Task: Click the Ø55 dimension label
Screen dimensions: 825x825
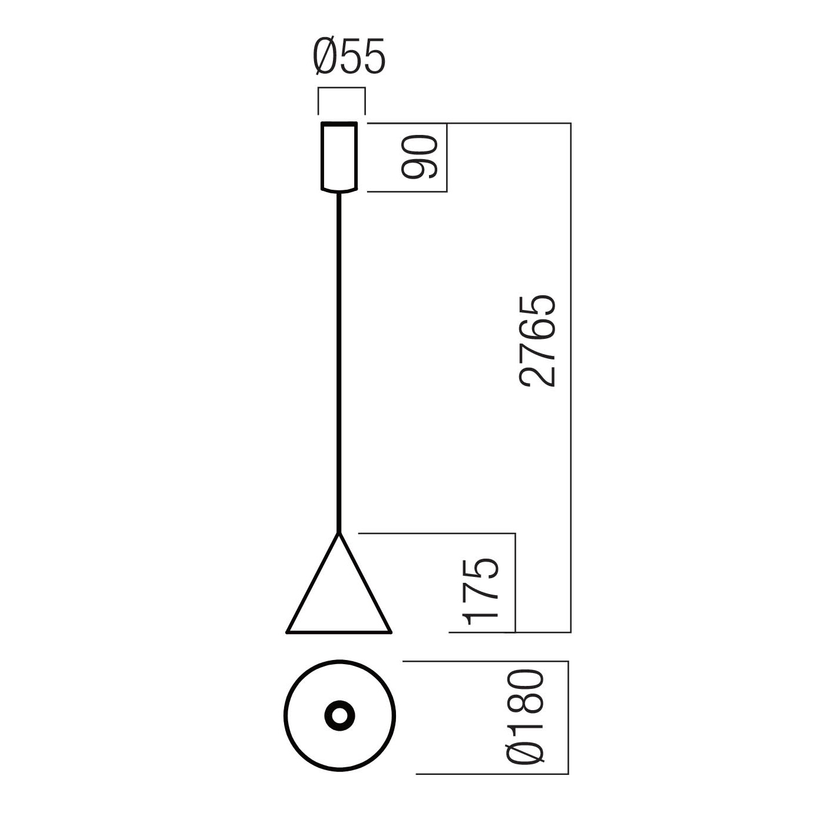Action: pos(349,57)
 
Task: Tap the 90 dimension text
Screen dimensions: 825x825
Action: pos(420,157)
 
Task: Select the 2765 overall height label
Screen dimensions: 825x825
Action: pos(537,341)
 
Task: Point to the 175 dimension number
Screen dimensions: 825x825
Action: pos(480,591)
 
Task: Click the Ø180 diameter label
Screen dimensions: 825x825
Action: pos(525,717)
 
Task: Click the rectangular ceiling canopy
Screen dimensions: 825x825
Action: pos(339,157)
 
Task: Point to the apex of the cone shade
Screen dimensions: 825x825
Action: pos(339,533)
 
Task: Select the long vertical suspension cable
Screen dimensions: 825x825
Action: pos(339,362)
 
